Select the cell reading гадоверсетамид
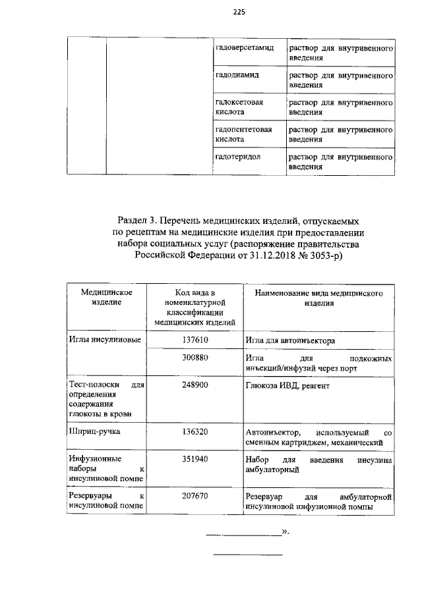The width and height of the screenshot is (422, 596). pos(244,49)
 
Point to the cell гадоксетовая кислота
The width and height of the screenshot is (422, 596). pos(239,107)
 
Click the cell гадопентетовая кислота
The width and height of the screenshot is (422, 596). pos(243,134)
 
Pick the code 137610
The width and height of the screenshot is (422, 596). pos(195,340)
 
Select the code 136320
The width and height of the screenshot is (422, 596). pos(195,432)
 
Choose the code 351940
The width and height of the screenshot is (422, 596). pos(195,459)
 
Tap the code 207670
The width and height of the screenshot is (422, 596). pos(195,495)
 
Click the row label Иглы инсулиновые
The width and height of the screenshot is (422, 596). pos(104,340)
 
